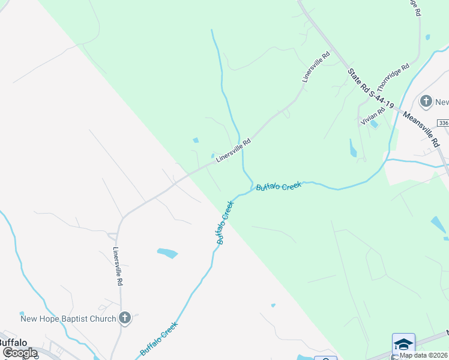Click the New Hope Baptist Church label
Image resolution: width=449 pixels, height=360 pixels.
(68, 318)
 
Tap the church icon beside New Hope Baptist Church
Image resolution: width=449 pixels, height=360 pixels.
(125, 318)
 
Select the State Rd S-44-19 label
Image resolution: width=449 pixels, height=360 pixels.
(370, 88)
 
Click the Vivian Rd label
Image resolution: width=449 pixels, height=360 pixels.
(373, 113)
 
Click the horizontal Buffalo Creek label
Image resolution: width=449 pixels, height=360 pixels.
(279, 187)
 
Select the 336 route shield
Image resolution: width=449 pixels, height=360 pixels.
(443, 122)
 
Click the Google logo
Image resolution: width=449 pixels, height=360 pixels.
(20, 353)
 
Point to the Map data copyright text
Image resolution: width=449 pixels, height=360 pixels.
(424, 355)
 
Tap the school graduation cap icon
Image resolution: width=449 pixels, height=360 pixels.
(403, 344)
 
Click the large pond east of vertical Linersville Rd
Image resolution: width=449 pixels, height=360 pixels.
(168, 253)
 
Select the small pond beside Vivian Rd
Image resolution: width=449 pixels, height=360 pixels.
(375, 124)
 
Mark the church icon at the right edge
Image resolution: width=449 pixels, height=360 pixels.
(426, 101)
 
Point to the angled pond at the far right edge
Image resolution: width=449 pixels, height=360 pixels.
(438, 224)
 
